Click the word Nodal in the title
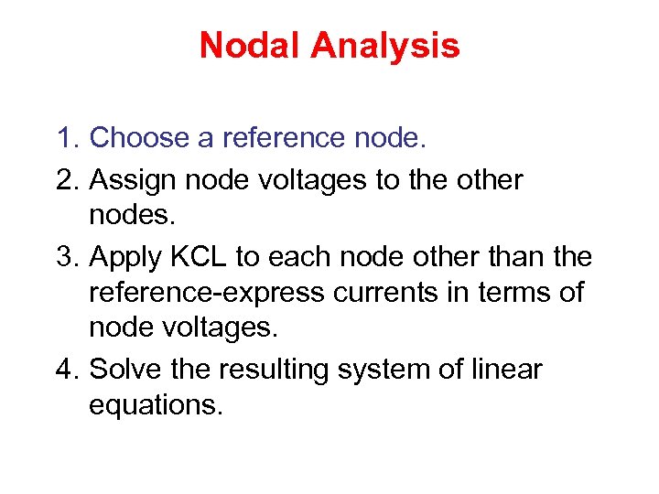pyautogui.click(x=243, y=45)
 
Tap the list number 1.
pyautogui.click(x=67, y=138)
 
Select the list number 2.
pyautogui.click(x=67, y=179)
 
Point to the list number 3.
pyautogui.click(x=67, y=258)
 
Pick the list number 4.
pyautogui.click(x=67, y=370)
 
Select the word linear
pyautogui.click(x=507, y=370)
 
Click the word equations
pyautogui.click(x=156, y=404)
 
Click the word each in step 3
pyautogui.click(x=300, y=258)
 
